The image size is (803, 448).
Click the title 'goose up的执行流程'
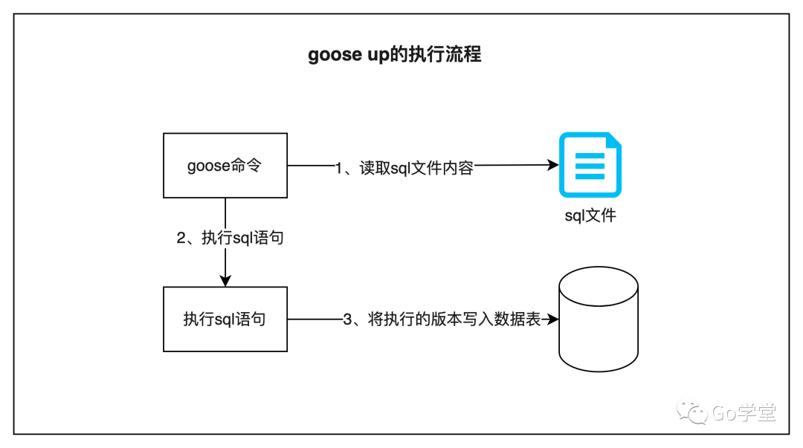[x=394, y=55]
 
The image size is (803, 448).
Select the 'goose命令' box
[x=225, y=166]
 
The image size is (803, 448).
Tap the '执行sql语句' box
[x=225, y=319]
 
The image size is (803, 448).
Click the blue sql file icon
[x=590, y=165]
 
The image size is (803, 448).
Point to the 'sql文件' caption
[x=590, y=216]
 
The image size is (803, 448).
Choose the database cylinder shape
[x=598, y=319]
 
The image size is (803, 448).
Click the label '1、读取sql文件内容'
[x=404, y=168]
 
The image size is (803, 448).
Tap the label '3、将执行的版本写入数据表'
[x=442, y=320]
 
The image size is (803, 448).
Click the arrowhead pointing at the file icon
[x=552, y=166]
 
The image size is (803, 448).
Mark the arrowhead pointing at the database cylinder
[x=552, y=319]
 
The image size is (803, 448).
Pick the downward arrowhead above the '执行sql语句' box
[x=225, y=280]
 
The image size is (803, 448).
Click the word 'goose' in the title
[x=335, y=56]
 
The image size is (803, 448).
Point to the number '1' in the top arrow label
[x=339, y=168]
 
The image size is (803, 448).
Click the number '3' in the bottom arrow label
[x=347, y=320]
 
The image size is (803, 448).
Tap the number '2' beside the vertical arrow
[x=181, y=238]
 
